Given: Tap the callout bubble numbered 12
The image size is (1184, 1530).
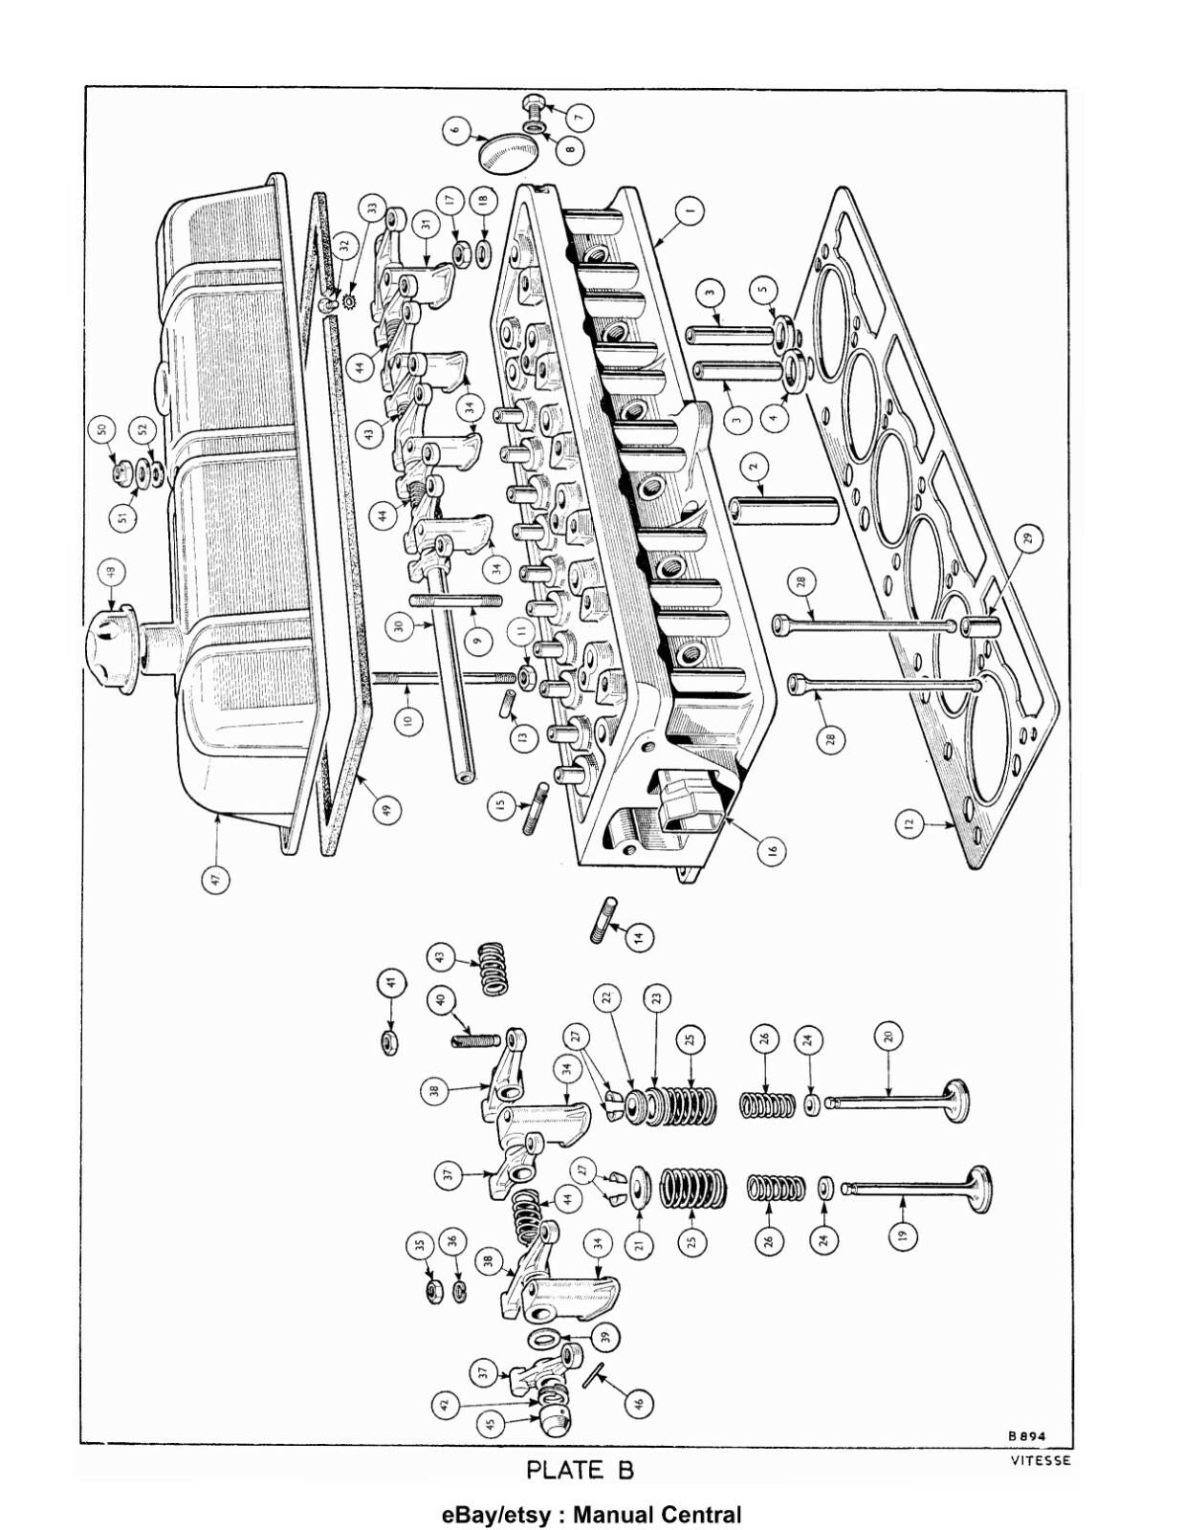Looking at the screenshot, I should (x=910, y=821).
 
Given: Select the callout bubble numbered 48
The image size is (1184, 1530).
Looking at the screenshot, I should (x=111, y=573).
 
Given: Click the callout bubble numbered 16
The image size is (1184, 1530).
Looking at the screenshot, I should (x=772, y=849).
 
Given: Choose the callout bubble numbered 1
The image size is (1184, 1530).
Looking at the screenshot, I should (x=691, y=210).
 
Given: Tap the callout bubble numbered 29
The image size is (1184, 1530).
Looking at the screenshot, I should (x=1028, y=538).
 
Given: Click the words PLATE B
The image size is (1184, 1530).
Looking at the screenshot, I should (x=581, y=1470).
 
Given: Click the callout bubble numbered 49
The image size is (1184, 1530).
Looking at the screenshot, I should (x=385, y=810).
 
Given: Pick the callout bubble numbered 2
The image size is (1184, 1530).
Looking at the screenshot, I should (x=754, y=467).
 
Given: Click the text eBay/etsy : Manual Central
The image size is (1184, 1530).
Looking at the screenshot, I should (x=591, y=1515).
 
